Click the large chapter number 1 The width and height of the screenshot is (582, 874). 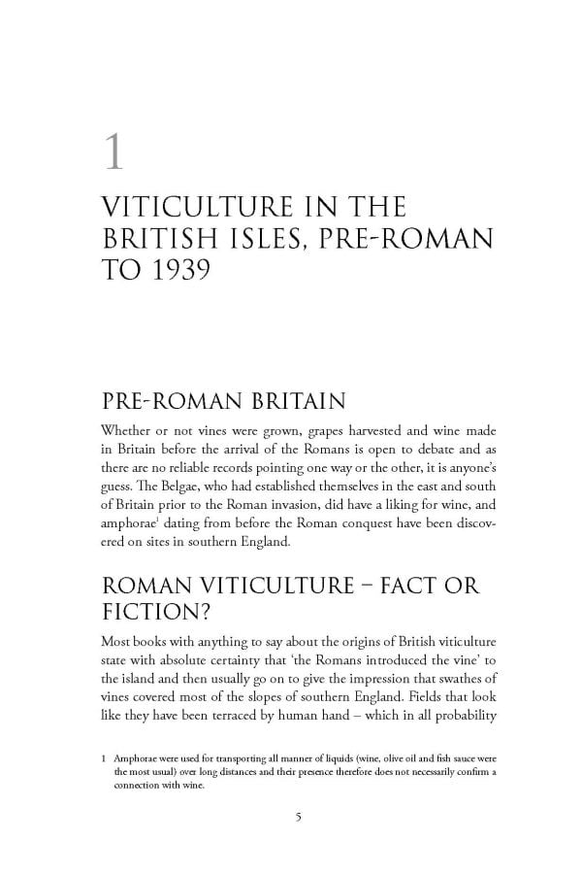point(114,153)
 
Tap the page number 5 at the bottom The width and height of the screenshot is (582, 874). point(299,816)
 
